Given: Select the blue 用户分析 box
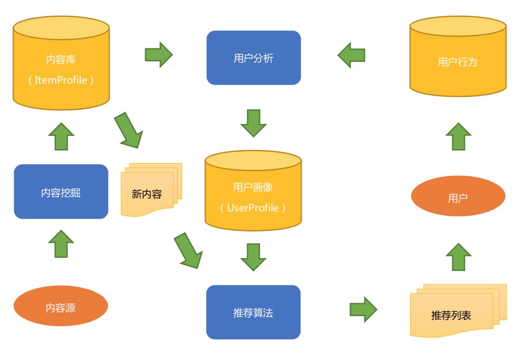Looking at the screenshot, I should tap(253, 58).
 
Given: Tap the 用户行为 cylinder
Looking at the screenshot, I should tap(458, 62).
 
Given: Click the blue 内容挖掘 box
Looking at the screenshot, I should tap(61, 192).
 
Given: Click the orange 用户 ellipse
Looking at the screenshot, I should tap(458, 198).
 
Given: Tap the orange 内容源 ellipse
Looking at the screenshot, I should tap(61, 307).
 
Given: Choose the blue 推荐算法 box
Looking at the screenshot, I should tap(253, 312).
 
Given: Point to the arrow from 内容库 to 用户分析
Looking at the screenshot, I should tap(159, 54).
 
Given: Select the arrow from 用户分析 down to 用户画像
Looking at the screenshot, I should tap(253, 123).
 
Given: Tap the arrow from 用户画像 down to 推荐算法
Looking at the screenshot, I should tap(253, 257).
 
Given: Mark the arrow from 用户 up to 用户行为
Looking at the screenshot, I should tap(458, 136).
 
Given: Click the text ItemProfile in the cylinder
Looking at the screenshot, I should tap(61, 79).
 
